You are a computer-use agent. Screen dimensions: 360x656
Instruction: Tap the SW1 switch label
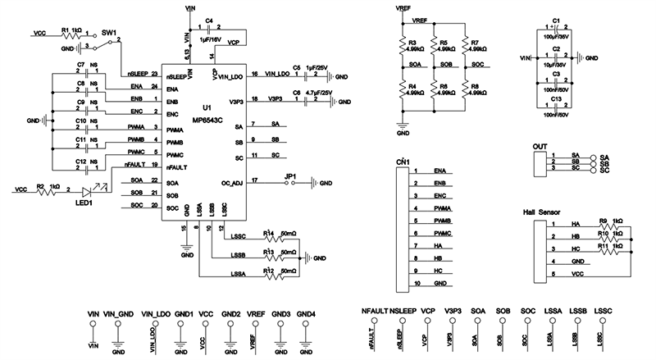click(109, 32)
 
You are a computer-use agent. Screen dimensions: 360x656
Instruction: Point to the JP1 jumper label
click(289, 176)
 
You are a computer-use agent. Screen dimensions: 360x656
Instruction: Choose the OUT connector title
click(540, 147)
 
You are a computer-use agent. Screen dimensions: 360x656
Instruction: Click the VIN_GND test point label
click(119, 312)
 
